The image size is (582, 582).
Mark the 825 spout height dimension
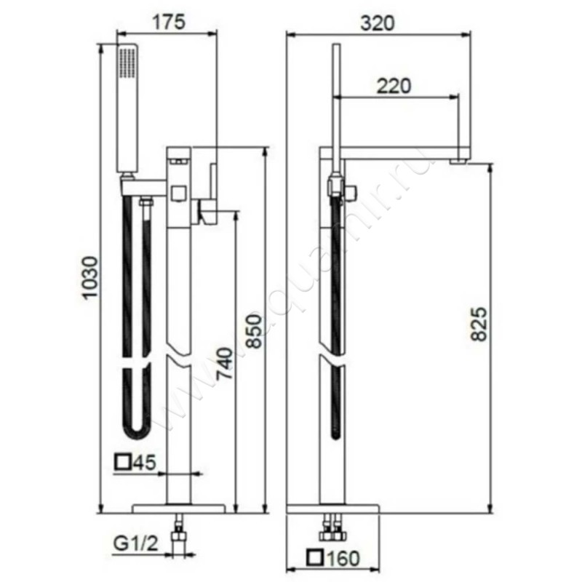pos(478,324)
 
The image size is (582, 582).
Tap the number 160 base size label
pos(344,559)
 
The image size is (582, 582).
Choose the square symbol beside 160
pos(315,559)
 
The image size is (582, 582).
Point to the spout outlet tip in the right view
pos(461,159)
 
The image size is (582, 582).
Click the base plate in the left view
pos(180,507)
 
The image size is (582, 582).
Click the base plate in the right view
pos(334,507)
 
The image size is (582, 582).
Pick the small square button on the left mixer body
pos(179,193)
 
